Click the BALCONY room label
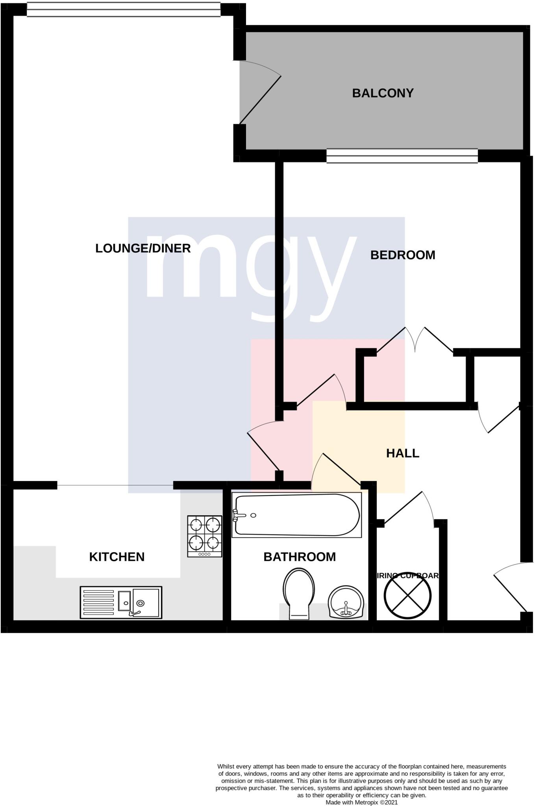pos(383,93)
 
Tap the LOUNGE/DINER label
pos(143,248)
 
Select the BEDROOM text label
pos(403,255)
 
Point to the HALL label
pos(402,453)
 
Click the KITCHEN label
pos(117,557)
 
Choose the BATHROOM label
pos(300,557)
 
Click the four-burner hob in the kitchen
pos(205,536)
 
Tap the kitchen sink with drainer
pos(121,602)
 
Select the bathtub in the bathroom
pos(296,515)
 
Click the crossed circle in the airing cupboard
pos(407,595)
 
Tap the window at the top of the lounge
pos(124,10)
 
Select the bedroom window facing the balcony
pos(402,156)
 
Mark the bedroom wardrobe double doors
pos(415,340)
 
